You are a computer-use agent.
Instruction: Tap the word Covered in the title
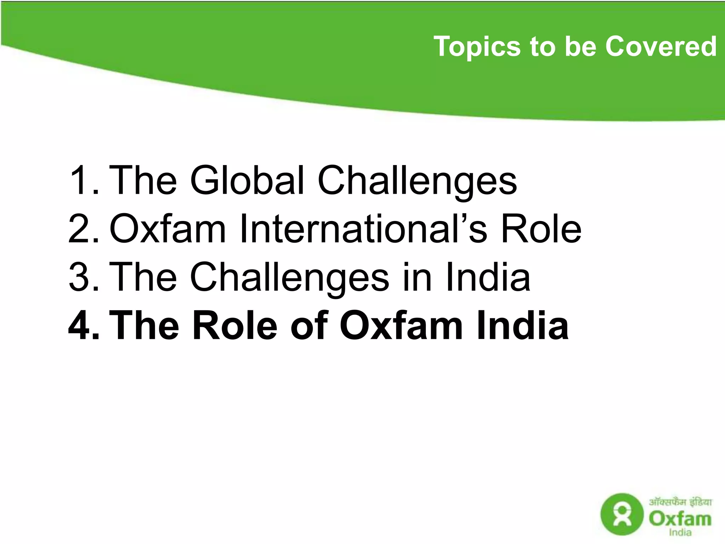(661, 46)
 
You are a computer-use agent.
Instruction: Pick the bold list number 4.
(83, 325)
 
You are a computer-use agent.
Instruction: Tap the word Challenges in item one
(417, 181)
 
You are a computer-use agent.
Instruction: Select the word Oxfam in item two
(167, 228)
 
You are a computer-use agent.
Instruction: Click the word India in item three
(488, 277)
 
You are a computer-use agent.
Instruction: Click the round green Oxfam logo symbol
(622, 515)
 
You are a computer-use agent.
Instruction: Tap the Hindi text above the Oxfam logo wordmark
(680, 502)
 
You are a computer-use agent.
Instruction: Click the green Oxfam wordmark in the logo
(680, 519)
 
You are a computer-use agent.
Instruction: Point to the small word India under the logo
(680, 532)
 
